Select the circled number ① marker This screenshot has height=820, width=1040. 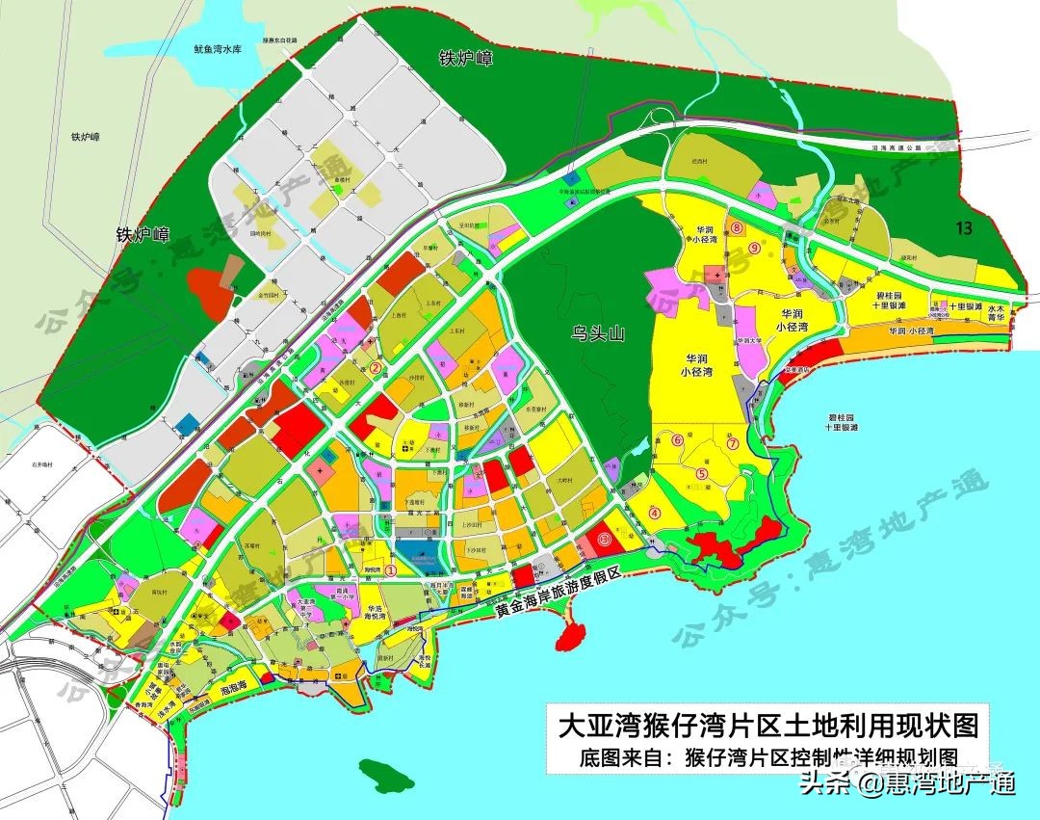pyautogui.click(x=391, y=570)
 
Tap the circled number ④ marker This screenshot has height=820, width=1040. pyautogui.click(x=656, y=514)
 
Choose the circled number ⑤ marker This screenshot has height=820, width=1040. pyautogui.click(x=702, y=473)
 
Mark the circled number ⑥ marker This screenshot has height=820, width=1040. pyautogui.click(x=677, y=440)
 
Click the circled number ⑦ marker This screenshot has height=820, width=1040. pyautogui.click(x=732, y=444)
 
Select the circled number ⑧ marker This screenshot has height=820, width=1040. pyautogui.click(x=738, y=228)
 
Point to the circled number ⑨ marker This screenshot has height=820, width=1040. pyautogui.click(x=754, y=248)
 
